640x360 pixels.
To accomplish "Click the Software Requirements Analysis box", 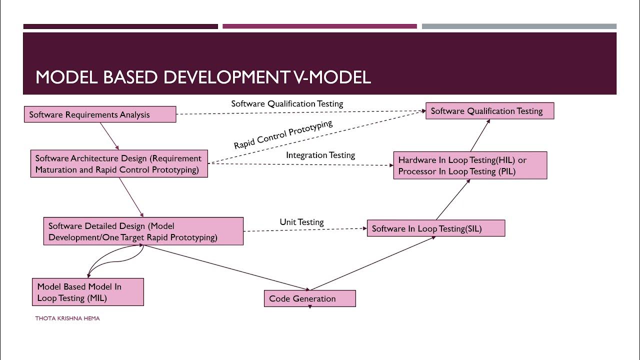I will coord(100,114).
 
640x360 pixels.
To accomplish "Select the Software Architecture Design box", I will coord(119,164).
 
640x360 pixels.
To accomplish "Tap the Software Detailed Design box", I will coord(143,231).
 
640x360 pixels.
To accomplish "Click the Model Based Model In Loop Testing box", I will coord(87,292).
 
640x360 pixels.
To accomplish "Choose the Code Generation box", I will coord(309,298).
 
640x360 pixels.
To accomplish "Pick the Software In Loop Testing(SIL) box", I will coord(435,228).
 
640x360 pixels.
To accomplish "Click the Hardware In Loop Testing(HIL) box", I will coord(470,165).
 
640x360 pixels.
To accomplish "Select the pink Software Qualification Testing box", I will coord(489,111).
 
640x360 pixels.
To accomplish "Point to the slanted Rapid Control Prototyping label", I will coord(283,134).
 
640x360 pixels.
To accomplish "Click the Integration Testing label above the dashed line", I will coord(320,155).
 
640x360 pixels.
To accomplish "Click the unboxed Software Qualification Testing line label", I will coord(287,103).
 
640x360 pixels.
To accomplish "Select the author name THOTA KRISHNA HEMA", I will coord(67,318).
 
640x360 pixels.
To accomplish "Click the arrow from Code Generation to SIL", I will coord(372,263).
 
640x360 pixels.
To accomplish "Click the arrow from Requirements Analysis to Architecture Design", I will coord(109,136).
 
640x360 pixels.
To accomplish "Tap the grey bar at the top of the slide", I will coord(519,26).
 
